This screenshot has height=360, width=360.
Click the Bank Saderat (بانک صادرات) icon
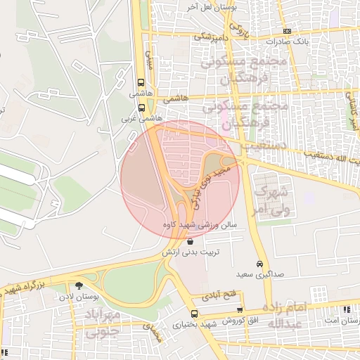[287, 31]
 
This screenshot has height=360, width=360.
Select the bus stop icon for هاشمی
[142, 82]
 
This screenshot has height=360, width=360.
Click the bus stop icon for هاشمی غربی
[142, 108]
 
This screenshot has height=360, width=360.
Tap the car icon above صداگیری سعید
[259, 263]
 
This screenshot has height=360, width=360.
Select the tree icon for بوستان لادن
[78, 285]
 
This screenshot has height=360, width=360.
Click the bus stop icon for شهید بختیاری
[195, 314]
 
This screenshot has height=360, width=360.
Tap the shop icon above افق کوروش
[240, 309]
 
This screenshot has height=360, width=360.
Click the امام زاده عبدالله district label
[284, 315]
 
